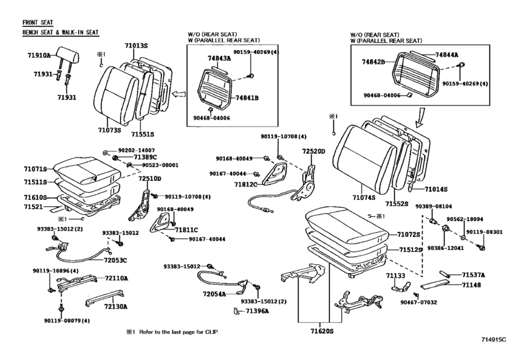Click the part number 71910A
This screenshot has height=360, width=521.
pos(38,56)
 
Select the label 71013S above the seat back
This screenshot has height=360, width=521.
pos(136,46)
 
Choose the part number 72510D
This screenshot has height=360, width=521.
pos(150,178)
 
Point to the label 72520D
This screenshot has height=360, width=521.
pos(315,151)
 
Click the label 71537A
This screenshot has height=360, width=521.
pos(474,274)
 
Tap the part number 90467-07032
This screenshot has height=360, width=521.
pos(418,302)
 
